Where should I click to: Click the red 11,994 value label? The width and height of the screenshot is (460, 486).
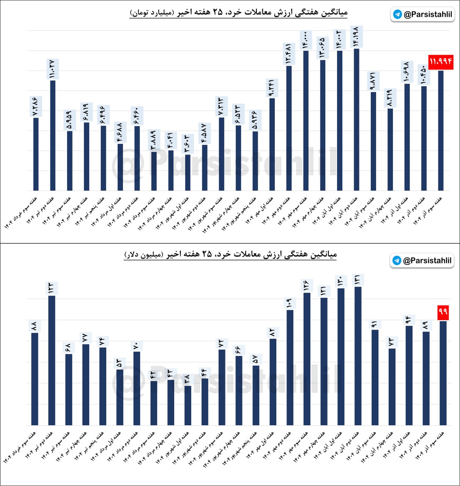click(x=441, y=62)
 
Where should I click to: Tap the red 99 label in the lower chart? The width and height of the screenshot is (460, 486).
click(x=443, y=312)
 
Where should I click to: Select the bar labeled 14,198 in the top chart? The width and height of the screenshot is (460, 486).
click(x=356, y=119)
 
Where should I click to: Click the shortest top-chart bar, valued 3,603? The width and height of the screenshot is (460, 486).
click(x=187, y=172)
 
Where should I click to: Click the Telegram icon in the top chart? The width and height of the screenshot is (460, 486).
click(x=397, y=14)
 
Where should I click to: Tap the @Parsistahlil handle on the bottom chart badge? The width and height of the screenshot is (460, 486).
click(x=427, y=260)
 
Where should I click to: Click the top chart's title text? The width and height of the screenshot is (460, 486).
click(x=238, y=13)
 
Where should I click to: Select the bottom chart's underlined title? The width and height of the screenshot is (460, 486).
click(x=230, y=254)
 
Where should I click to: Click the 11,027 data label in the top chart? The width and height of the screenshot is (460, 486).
click(x=53, y=69)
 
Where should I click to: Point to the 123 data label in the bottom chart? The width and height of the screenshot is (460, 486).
click(x=51, y=288)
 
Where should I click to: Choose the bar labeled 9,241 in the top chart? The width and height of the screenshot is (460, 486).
click(x=272, y=144)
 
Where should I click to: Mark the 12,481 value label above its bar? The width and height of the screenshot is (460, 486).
click(x=289, y=54)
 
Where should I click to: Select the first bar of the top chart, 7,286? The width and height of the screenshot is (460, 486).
click(x=36, y=154)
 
